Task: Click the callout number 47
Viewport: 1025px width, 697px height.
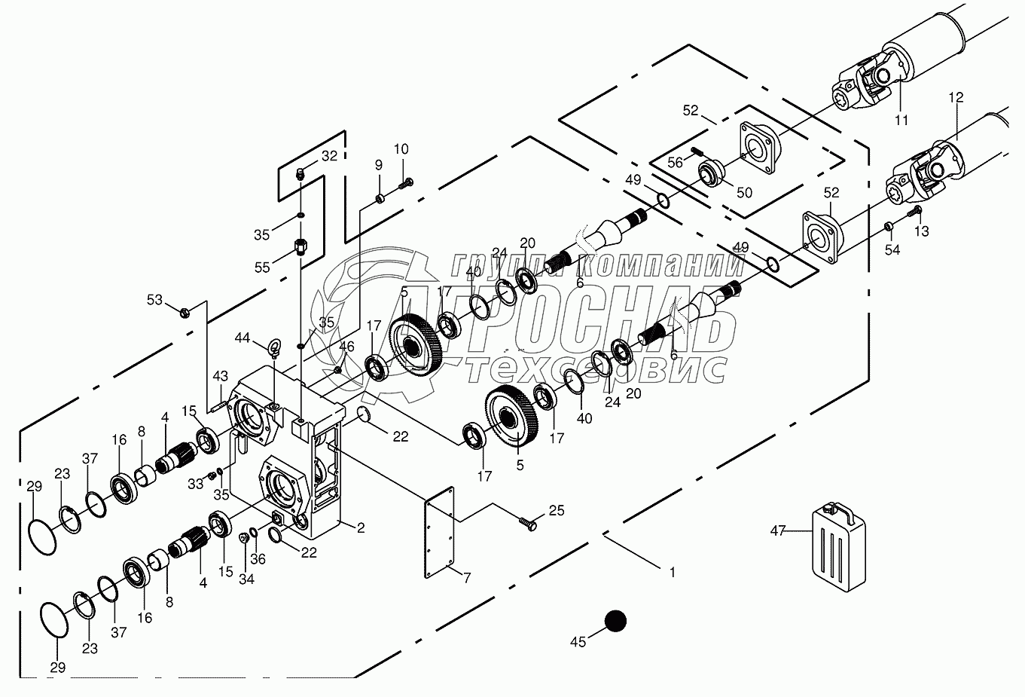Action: point(778,531)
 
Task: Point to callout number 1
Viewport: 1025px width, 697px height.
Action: point(673,572)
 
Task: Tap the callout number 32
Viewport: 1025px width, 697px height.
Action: point(330,156)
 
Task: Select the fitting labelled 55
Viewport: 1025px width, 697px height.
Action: point(299,246)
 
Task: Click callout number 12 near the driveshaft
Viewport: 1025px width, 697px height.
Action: point(956,97)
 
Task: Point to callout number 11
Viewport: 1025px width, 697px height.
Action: point(901,120)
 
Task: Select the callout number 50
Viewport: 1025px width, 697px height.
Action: point(744,192)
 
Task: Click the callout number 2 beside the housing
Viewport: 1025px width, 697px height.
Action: point(361,528)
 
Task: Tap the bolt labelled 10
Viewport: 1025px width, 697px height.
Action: point(408,181)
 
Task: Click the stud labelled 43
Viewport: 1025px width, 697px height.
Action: point(218,408)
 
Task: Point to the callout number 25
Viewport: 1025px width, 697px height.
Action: point(556,512)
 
